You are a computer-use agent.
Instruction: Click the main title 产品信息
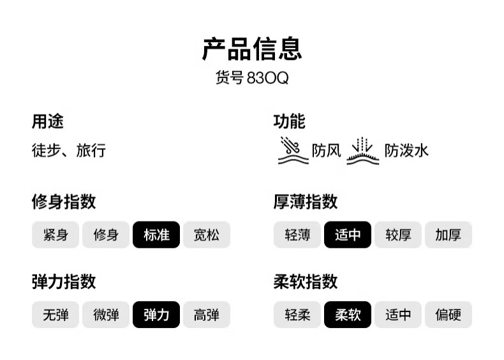tap(252, 49)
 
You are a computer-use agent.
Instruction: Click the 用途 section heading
tap(48, 121)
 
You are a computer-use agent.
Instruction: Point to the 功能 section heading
tap(289, 121)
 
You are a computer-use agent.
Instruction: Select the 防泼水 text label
tap(406, 151)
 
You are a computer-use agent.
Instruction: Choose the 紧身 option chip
tap(56, 234)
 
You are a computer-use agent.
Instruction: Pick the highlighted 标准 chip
tap(156, 234)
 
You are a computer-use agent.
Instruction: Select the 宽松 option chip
tap(206, 234)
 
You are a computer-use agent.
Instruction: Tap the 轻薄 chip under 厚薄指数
tap(297, 234)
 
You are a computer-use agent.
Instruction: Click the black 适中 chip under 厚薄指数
tap(348, 234)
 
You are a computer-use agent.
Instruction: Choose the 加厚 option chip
tap(448, 234)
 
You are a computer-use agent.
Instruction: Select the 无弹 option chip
tap(56, 315)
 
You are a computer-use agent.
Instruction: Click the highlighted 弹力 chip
tap(156, 315)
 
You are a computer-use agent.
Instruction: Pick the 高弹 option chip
tap(206, 315)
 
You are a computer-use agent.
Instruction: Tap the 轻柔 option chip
tap(297, 315)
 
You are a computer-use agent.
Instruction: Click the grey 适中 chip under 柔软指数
tap(398, 315)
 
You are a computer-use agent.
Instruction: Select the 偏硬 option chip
tap(448, 315)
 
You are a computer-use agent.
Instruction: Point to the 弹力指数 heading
tap(64, 281)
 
